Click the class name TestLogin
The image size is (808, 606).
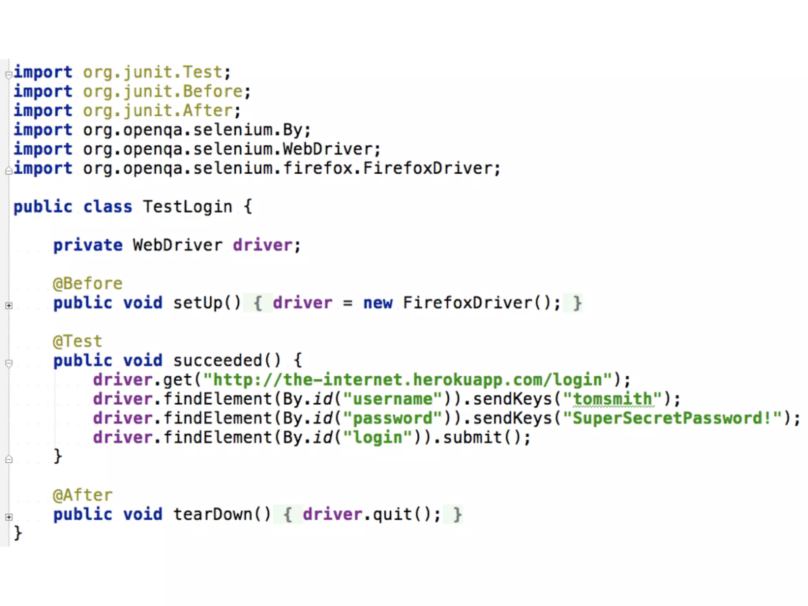pyautogui.click(x=187, y=207)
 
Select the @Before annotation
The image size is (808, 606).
pyautogui.click(x=88, y=284)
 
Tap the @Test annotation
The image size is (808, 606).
pyautogui.click(x=78, y=341)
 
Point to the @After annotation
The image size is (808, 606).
pyautogui.click(x=82, y=495)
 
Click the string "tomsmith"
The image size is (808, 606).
pyautogui.click(x=612, y=399)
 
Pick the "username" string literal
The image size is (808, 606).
pyautogui.click(x=393, y=399)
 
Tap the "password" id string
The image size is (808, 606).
pyautogui.click(x=393, y=418)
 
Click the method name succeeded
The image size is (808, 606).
pyautogui.click(x=217, y=361)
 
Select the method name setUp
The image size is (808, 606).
pyautogui.click(x=198, y=303)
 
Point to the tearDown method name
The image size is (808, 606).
pyautogui.click(x=212, y=514)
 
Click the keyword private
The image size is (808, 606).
pyautogui.click(x=88, y=245)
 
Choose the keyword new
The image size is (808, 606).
pyautogui.click(x=378, y=303)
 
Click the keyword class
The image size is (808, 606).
pyautogui.click(x=107, y=207)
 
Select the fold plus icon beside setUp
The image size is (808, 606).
pyautogui.click(x=9, y=305)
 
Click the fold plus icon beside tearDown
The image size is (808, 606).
pyautogui.click(x=9, y=517)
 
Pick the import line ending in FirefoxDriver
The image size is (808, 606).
pyautogui.click(x=257, y=168)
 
